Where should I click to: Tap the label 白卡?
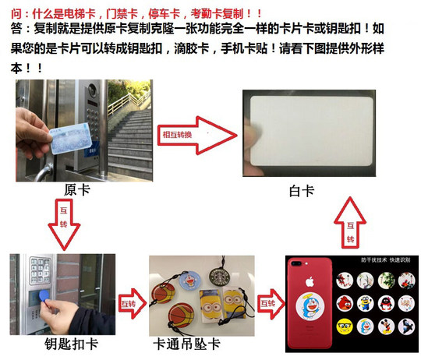click(300, 190)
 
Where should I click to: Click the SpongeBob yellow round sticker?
click(388, 279)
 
